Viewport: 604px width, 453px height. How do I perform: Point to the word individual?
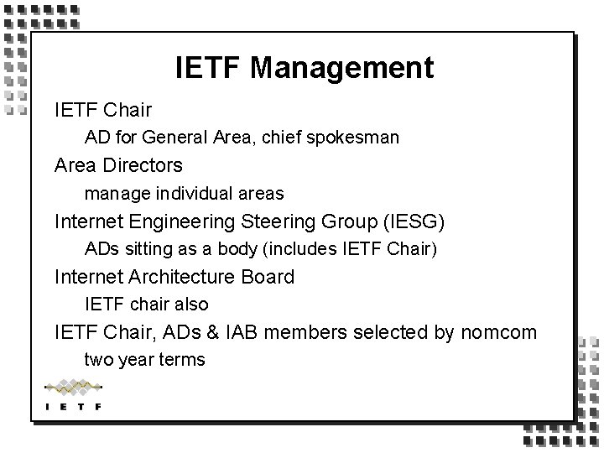coord(194,193)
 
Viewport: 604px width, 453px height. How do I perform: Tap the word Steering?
coord(276,221)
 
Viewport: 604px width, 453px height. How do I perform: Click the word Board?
coord(268,277)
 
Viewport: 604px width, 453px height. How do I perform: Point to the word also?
coord(190,305)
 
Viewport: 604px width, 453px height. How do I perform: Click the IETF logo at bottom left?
coord(73,395)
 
